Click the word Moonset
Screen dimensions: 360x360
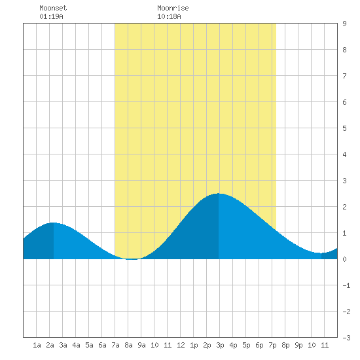[53, 8]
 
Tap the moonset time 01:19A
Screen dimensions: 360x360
[51, 16]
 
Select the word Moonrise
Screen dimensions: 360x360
[173, 8]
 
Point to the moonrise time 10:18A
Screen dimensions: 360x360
[169, 16]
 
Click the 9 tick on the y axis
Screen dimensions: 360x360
[344, 24]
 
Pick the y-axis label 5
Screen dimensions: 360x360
[344, 128]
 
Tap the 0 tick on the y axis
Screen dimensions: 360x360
[344, 259]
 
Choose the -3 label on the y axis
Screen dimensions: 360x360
[346, 338]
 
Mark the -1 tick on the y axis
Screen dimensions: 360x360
[346, 285]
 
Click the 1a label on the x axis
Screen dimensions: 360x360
[37, 345]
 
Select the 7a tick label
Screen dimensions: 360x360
[115, 345]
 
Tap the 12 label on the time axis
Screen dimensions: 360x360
[181, 345]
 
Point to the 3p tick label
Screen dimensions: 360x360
[220, 345]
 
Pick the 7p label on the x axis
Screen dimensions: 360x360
[272, 345]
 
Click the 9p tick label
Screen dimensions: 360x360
[298, 345]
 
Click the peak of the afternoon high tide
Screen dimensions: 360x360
[219, 194]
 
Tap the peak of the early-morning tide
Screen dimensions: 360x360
[53, 223]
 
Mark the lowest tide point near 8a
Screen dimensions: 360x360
[132, 259]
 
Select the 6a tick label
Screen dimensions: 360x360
[102, 345]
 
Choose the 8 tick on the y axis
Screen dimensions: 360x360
[344, 50]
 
